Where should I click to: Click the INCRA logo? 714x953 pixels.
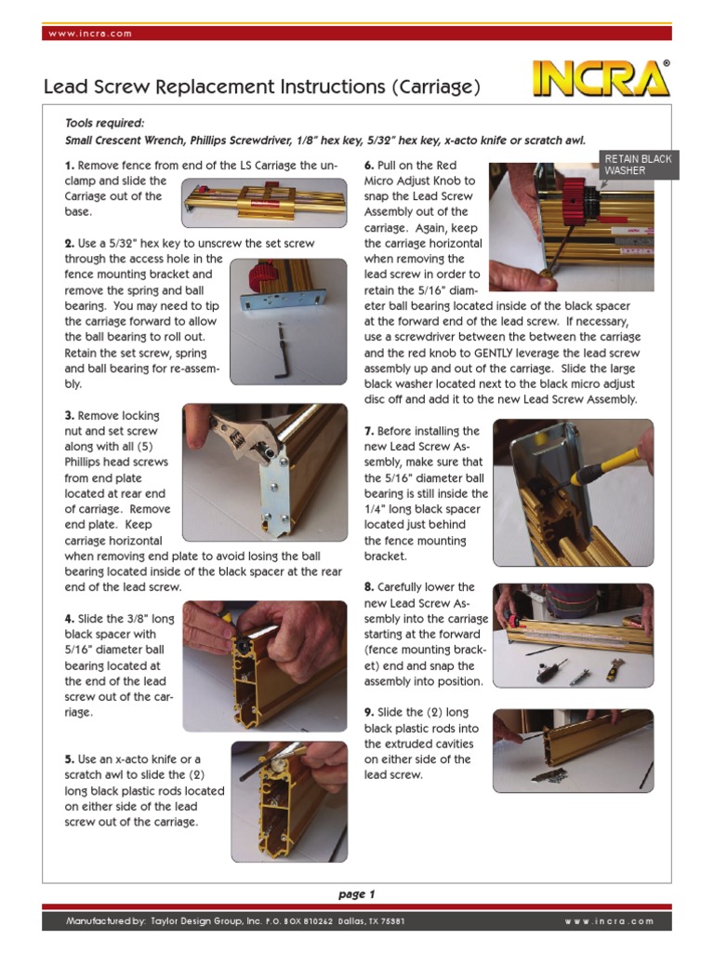tap(601, 81)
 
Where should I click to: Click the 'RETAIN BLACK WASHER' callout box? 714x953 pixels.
tap(638, 165)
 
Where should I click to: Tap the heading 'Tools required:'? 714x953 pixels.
tap(104, 123)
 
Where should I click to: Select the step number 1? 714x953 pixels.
tap(69, 166)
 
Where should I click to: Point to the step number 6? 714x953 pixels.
tap(369, 166)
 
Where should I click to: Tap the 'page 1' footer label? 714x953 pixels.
tap(356, 894)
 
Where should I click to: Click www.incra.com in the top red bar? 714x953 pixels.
tap(89, 34)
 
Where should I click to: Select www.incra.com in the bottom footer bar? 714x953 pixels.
tap(609, 921)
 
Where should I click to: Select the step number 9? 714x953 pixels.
tap(369, 713)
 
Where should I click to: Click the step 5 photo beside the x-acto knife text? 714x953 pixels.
tap(288, 800)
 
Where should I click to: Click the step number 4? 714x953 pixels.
tap(69, 619)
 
